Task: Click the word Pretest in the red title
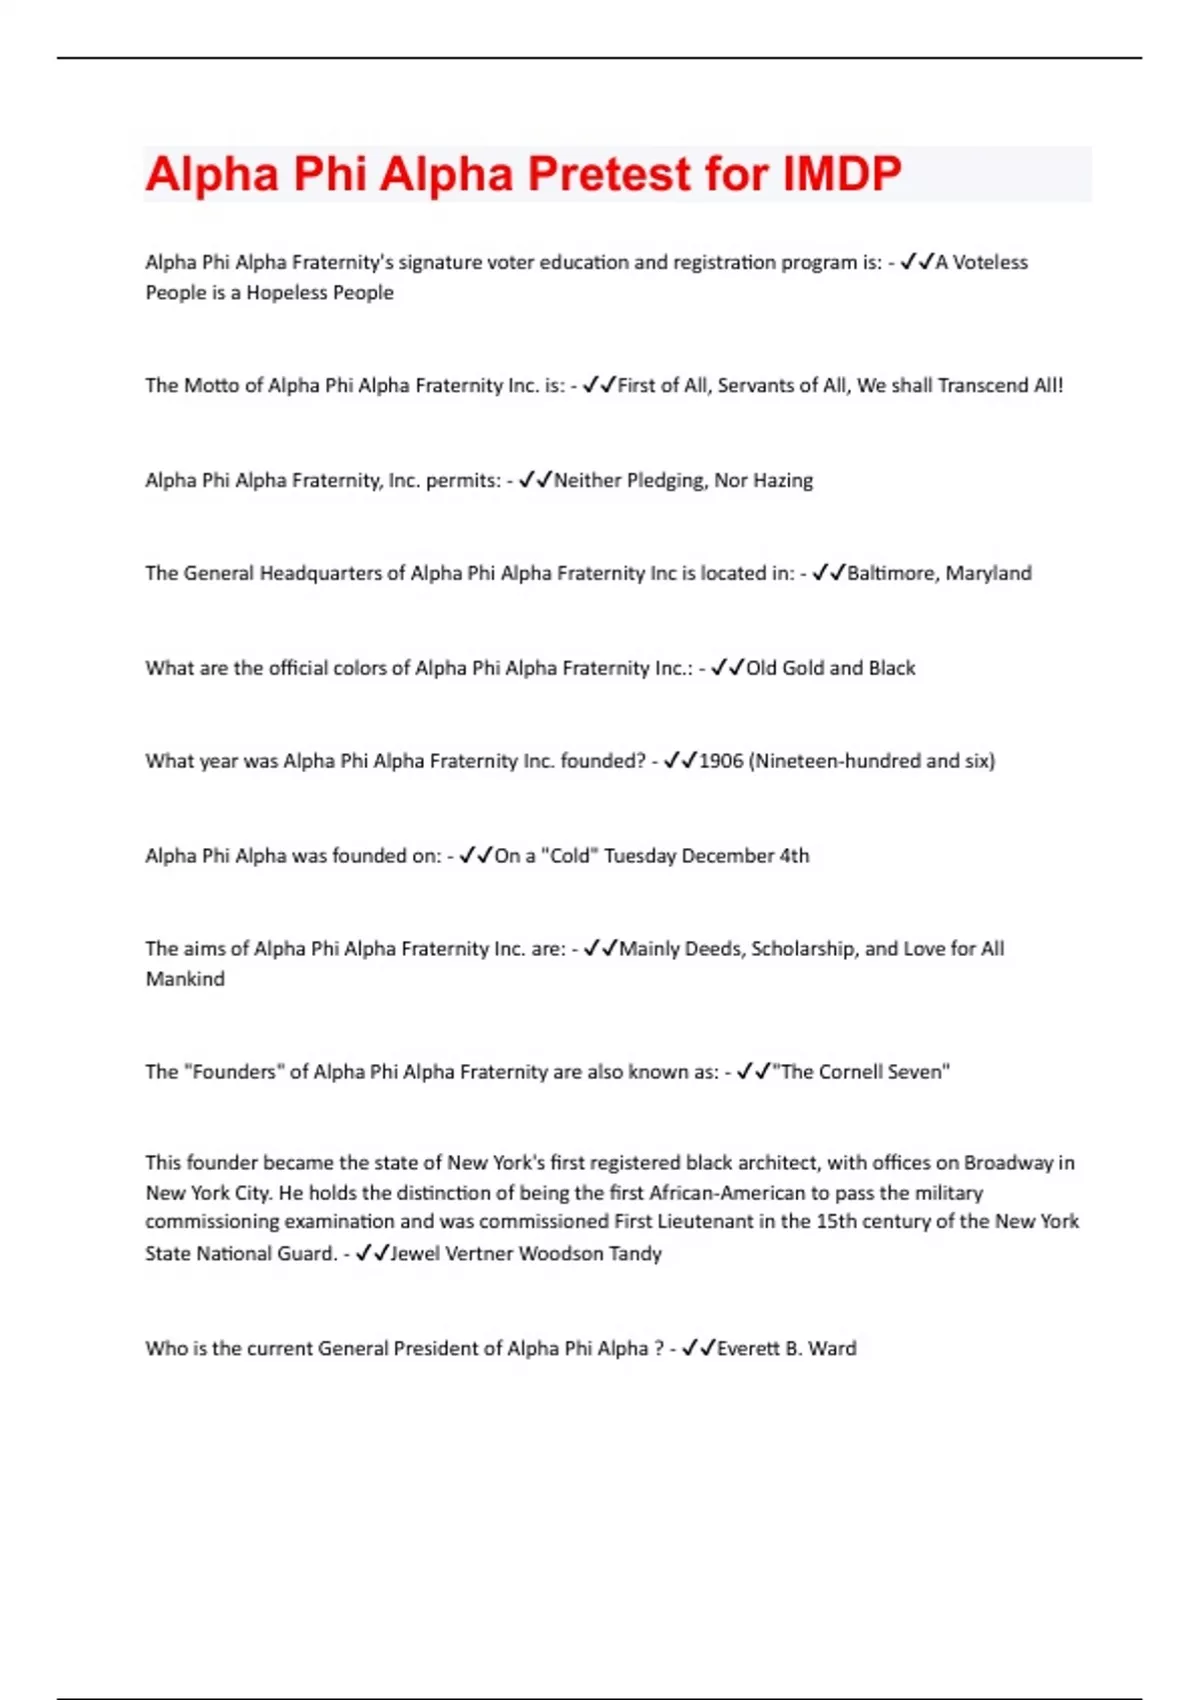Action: (609, 174)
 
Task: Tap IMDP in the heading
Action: (842, 174)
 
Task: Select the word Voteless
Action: (990, 262)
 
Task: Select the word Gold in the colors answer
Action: (803, 668)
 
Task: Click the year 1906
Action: (721, 761)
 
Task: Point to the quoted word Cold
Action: (570, 856)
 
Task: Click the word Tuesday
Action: (639, 856)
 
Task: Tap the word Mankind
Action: (185, 979)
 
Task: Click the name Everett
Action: (748, 1349)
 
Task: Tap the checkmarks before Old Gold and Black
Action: (727, 668)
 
